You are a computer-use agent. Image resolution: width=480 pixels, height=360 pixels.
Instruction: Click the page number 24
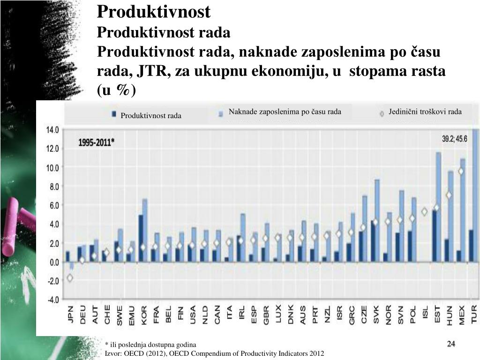(451, 345)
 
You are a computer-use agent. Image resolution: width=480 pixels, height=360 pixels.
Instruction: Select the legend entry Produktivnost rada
(150, 116)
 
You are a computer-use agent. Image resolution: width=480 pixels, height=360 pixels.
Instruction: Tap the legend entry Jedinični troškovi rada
(425, 112)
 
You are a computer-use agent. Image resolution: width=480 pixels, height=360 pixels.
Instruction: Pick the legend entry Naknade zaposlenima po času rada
(285, 112)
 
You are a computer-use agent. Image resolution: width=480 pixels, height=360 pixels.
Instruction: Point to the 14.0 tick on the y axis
(52, 130)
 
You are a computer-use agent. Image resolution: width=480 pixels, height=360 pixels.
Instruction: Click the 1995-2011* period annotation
(96, 142)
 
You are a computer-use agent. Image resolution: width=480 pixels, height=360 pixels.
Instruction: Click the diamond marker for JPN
(70, 278)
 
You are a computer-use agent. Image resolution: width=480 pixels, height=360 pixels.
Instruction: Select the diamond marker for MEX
(461, 172)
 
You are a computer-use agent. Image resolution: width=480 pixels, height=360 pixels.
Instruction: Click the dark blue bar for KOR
(141, 238)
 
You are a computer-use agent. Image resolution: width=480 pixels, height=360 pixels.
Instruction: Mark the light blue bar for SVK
(377, 220)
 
